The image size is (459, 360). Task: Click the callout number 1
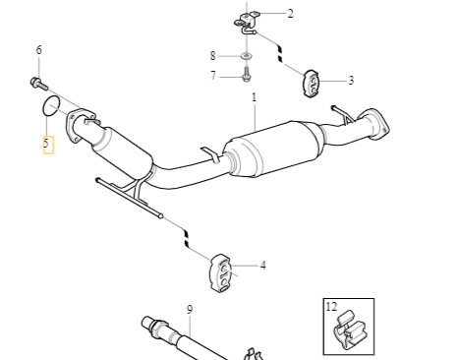click(x=254, y=97)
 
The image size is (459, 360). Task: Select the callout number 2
click(x=290, y=14)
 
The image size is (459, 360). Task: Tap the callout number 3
click(x=351, y=81)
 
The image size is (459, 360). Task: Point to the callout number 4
click(x=262, y=266)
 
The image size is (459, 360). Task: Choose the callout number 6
click(x=39, y=50)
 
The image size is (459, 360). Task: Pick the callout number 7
click(x=213, y=76)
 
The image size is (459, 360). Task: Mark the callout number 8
click(x=213, y=56)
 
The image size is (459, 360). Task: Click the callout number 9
click(x=190, y=310)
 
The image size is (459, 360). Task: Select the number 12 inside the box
click(x=331, y=307)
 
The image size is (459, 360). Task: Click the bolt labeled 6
click(x=39, y=83)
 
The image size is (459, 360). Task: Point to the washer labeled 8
click(x=247, y=56)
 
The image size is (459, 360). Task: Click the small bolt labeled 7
click(x=247, y=75)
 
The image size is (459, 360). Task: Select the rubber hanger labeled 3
click(x=311, y=84)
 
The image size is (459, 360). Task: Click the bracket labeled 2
click(x=247, y=23)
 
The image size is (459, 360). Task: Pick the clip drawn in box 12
click(x=349, y=330)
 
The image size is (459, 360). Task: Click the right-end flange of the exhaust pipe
click(x=376, y=123)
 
